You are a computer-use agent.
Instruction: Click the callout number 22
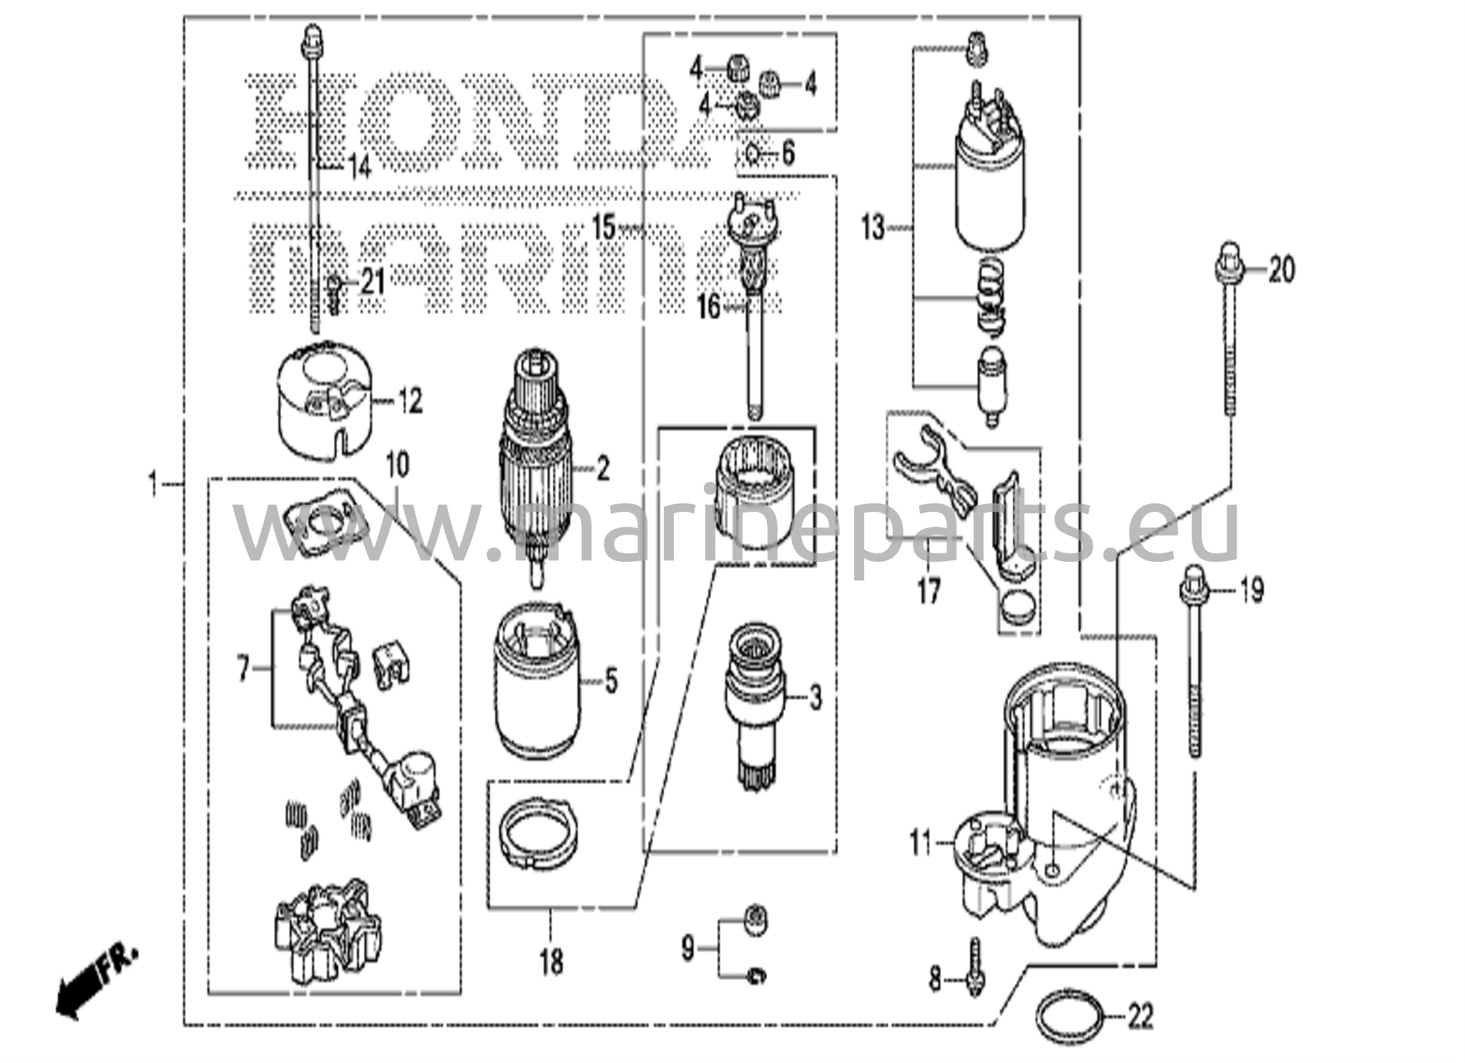click(1140, 1017)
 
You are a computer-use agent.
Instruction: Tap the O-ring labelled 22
click(1067, 1017)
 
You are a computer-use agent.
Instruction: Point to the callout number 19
click(1251, 590)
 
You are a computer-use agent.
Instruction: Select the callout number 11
click(921, 844)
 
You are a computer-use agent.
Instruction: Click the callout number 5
click(610, 681)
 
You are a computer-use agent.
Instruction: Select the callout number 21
click(372, 282)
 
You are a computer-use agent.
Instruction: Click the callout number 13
click(872, 229)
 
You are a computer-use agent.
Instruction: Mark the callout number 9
click(687, 949)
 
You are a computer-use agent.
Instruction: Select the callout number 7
click(244, 670)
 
